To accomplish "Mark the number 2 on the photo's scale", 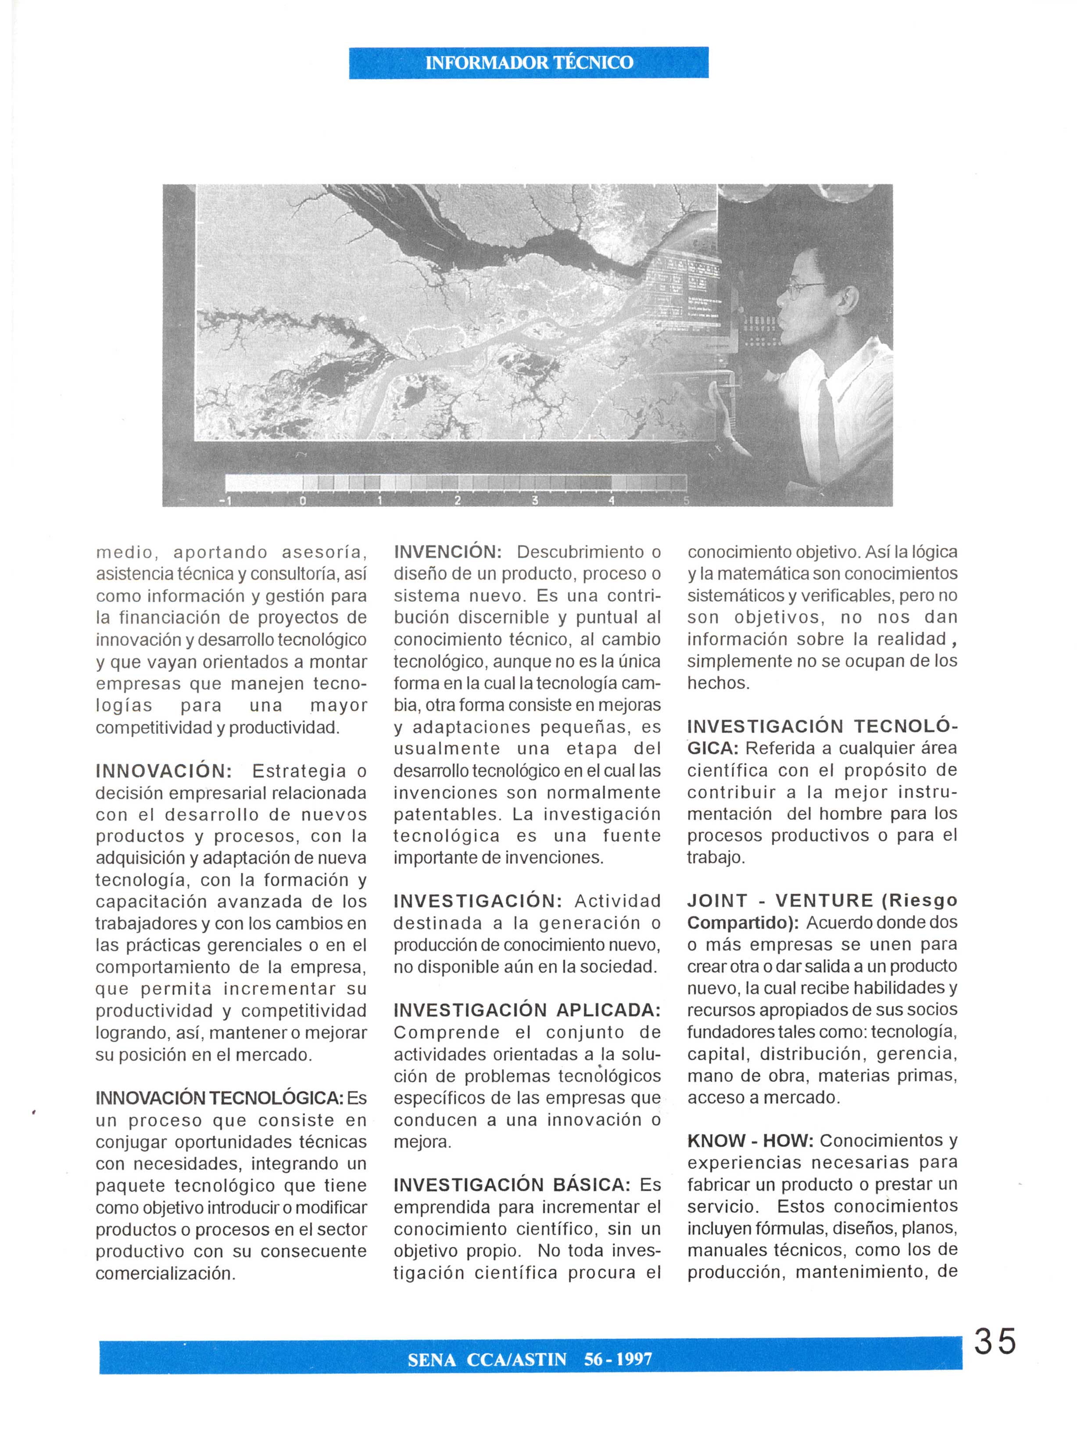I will [457, 501].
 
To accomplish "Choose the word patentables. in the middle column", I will [449, 814].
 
